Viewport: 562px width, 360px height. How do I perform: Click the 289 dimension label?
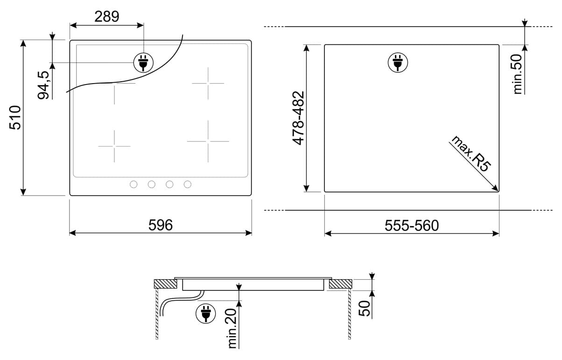tap(106, 16)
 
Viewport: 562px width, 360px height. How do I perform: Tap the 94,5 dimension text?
tap(44, 85)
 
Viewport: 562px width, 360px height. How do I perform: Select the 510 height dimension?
tap(15, 118)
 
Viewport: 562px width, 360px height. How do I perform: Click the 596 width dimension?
tap(160, 225)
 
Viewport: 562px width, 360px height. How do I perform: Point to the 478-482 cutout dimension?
tap(298, 118)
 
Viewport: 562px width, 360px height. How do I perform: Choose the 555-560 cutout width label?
tap(412, 226)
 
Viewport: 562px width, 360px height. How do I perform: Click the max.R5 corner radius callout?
tap(471, 154)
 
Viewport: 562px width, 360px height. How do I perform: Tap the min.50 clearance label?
tap(518, 74)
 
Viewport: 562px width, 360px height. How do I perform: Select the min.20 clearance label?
tap(232, 328)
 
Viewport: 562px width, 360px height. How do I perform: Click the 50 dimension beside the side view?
tap(364, 308)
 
